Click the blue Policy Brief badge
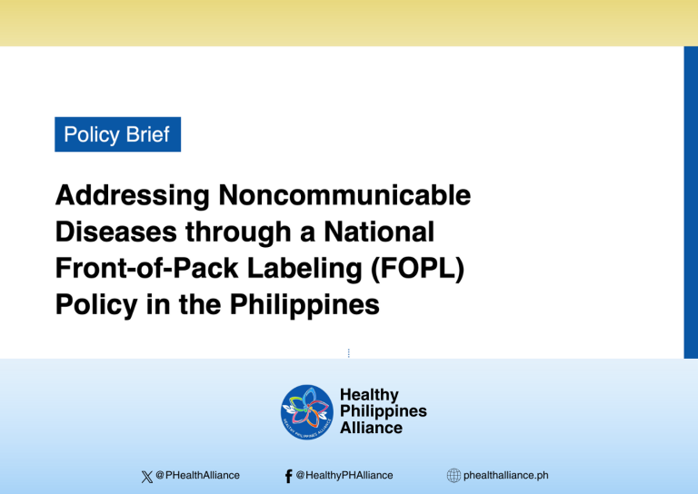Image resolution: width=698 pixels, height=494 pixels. (117, 134)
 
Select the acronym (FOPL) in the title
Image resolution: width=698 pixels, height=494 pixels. (426, 268)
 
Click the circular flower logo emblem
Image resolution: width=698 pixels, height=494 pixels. (306, 411)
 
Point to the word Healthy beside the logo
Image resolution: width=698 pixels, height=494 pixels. (369, 395)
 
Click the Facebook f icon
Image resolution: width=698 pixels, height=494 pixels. (288, 475)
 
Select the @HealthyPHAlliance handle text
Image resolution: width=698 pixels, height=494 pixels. (344, 475)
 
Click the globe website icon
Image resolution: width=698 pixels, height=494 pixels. (453, 475)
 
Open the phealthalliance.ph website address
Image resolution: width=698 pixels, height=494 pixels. (505, 475)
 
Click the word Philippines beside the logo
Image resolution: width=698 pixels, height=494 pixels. (383, 411)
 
